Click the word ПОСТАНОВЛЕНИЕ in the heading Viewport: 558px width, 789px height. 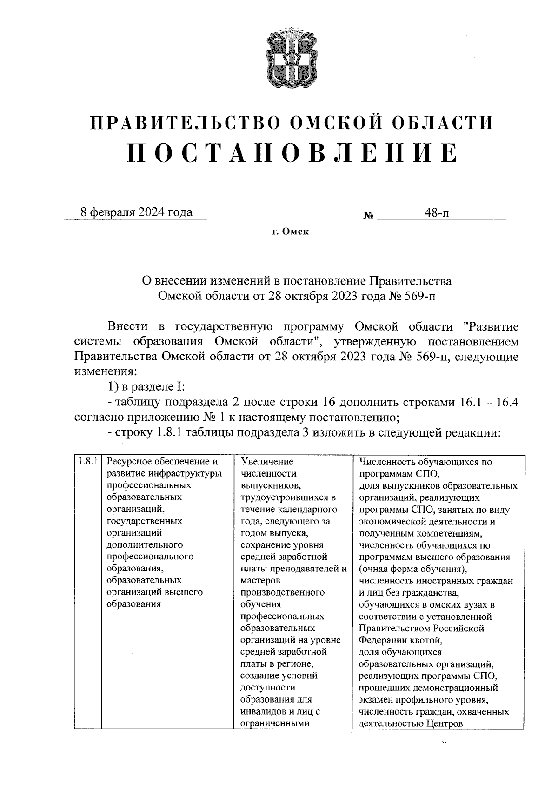(292, 152)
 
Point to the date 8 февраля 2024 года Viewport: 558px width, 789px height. (136, 212)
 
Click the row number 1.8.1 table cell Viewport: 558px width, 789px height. (87, 462)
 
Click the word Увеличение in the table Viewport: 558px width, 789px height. (267, 462)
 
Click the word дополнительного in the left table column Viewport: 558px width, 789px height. (145, 544)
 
